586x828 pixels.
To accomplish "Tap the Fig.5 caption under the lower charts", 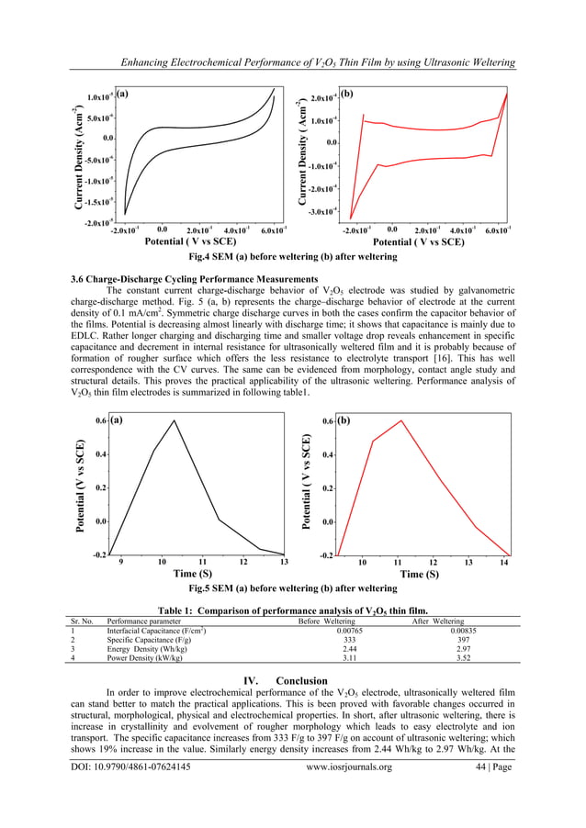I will (x=292, y=587).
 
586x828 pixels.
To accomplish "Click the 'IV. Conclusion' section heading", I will (x=292, y=678).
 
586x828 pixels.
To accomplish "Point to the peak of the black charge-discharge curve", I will (x=174, y=420).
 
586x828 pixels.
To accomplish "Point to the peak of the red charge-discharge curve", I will (x=401, y=420).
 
